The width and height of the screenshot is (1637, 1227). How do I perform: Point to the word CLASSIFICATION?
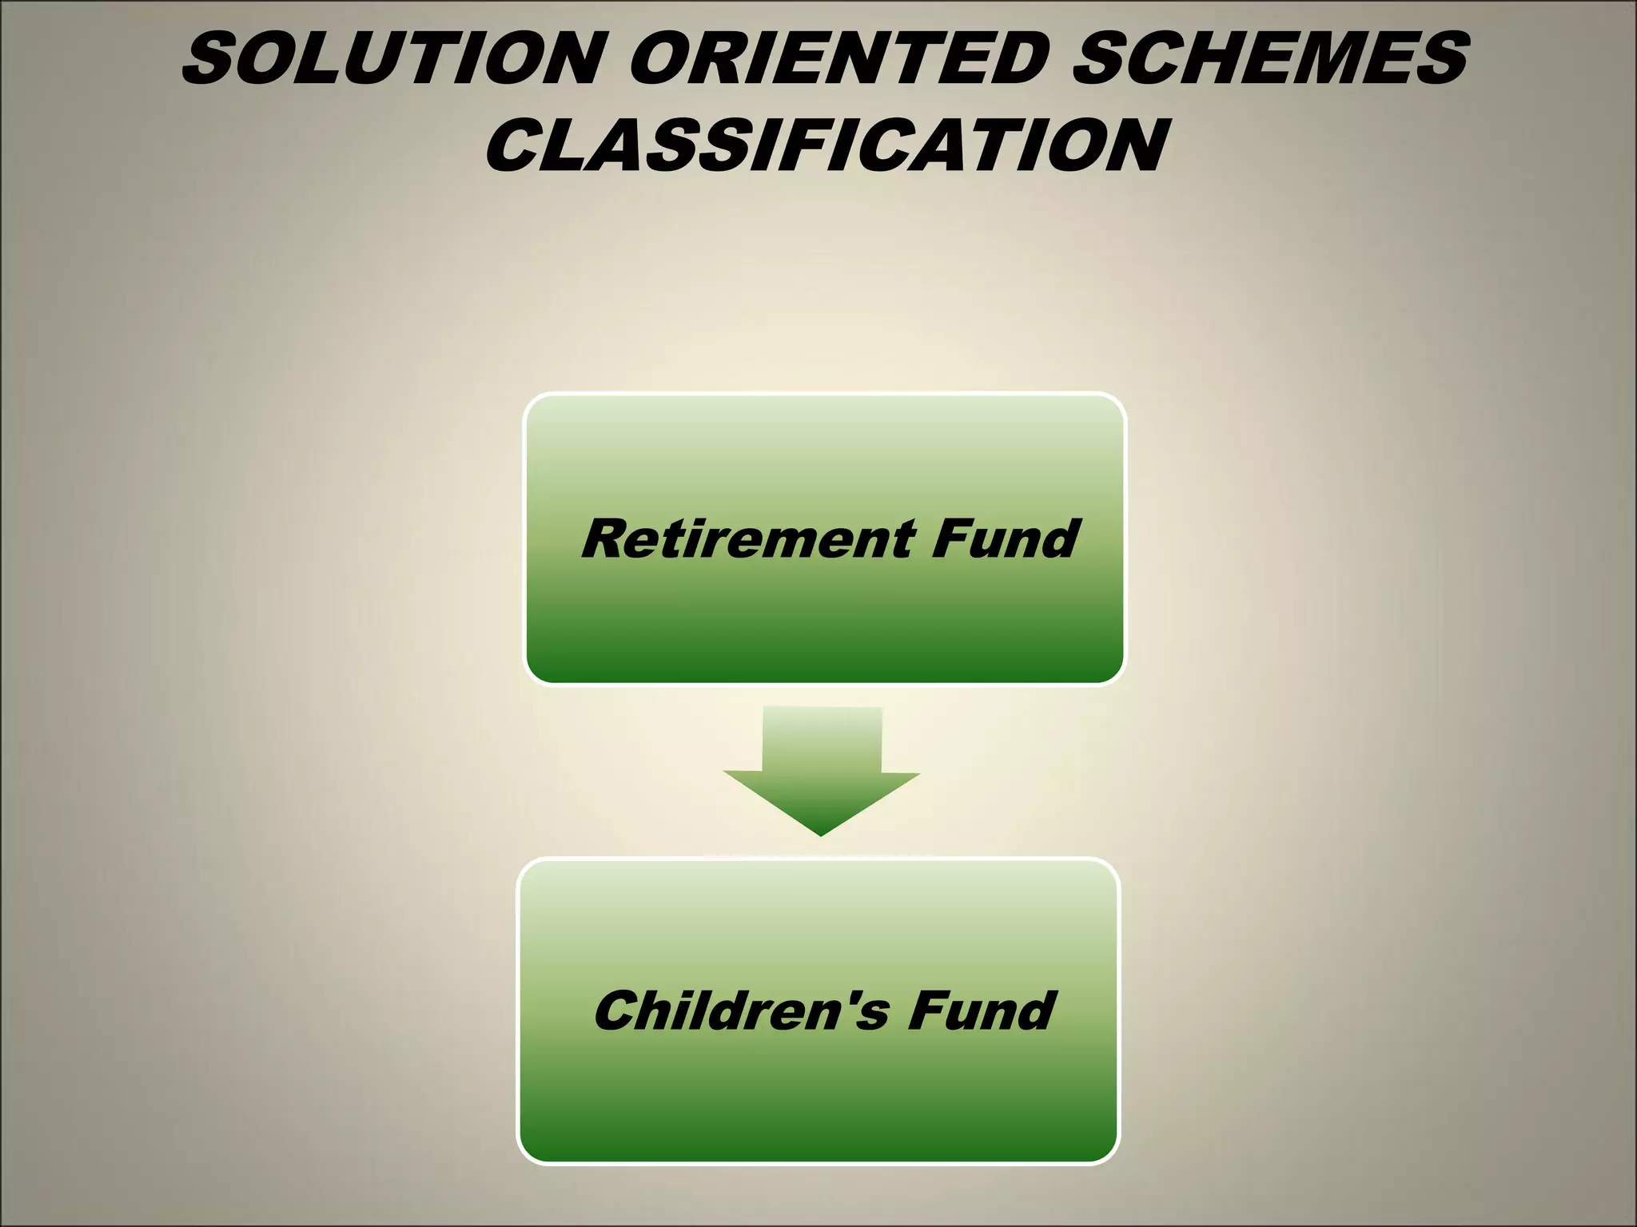point(827,145)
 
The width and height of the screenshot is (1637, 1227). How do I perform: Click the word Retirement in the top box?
point(747,538)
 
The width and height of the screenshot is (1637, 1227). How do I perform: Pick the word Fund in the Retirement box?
point(1006,538)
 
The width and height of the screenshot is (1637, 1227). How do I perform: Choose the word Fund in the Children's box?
point(982,1011)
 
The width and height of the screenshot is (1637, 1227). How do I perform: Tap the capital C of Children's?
point(618,1011)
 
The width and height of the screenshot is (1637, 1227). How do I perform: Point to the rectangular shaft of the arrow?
point(822,739)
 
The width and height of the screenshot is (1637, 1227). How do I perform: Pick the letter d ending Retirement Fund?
point(1059,538)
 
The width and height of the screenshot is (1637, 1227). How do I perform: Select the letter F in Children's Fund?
point(927,1011)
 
